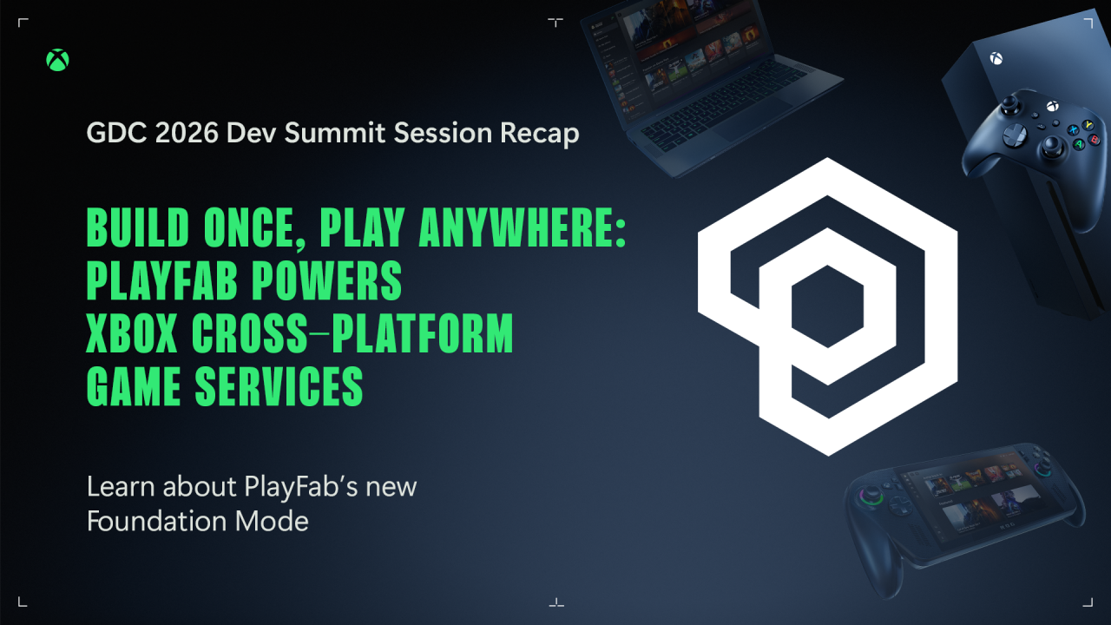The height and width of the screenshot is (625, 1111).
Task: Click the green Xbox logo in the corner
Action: pyautogui.click(x=57, y=60)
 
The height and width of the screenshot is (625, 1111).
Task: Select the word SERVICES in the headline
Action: pyautogui.click(x=279, y=387)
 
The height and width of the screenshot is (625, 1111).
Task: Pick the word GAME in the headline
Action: pyautogui.click(x=135, y=387)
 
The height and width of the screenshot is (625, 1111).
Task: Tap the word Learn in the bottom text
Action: pyautogui.click(x=115, y=486)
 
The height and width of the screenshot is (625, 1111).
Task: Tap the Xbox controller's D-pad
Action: pyautogui.click(x=1014, y=135)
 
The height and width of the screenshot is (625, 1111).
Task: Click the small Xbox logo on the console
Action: pyautogui.click(x=996, y=59)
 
